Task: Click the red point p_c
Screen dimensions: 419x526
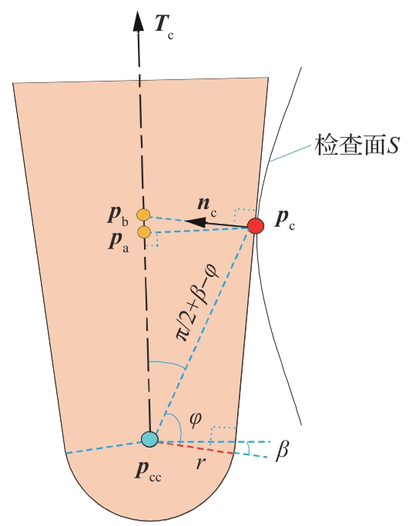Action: point(256,225)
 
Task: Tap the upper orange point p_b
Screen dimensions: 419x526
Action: point(143,215)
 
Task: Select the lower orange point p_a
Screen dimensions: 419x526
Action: point(144,232)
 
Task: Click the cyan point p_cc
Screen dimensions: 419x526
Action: point(149,439)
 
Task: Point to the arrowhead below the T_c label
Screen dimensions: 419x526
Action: point(138,21)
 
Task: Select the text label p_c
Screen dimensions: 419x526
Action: point(285,220)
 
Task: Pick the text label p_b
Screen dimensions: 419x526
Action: point(118,215)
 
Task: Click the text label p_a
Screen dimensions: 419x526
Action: point(119,241)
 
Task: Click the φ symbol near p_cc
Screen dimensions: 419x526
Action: point(195,419)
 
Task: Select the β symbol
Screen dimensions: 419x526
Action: point(282,450)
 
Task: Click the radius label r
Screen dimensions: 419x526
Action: point(200,463)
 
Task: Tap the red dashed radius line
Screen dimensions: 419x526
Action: point(196,448)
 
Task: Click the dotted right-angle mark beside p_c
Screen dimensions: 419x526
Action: point(245,215)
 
